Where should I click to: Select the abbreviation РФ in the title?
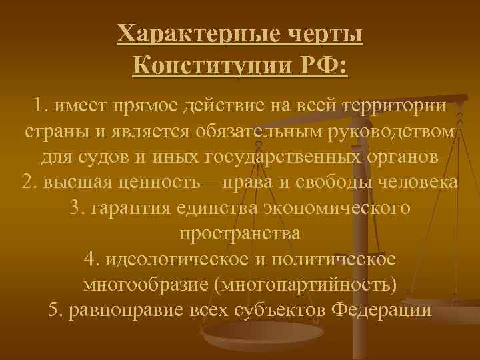click(x=324, y=66)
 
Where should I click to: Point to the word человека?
click(x=415, y=183)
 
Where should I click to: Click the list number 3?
click(x=75, y=209)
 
